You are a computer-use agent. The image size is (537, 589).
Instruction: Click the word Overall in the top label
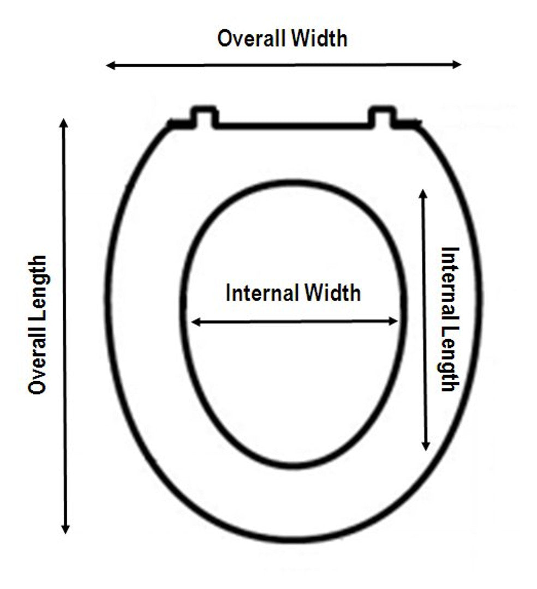pyautogui.click(x=250, y=39)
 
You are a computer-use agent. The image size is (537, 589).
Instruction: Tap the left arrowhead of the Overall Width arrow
pyautogui.click(x=111, y=65)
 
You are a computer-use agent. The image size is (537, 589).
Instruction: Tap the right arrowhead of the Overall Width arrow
pyautogui.click(x=457, y=64)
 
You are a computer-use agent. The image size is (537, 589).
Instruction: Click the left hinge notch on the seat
pyautogui.click(x=204, y=116)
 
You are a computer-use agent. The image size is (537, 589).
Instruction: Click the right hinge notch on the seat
pyautogui.click(x=381, y=116)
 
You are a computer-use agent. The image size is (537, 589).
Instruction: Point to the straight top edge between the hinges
pyautogui.click(x=293, y=126)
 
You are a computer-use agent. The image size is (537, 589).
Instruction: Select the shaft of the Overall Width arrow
pyautogui.click(x=284, y=65)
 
